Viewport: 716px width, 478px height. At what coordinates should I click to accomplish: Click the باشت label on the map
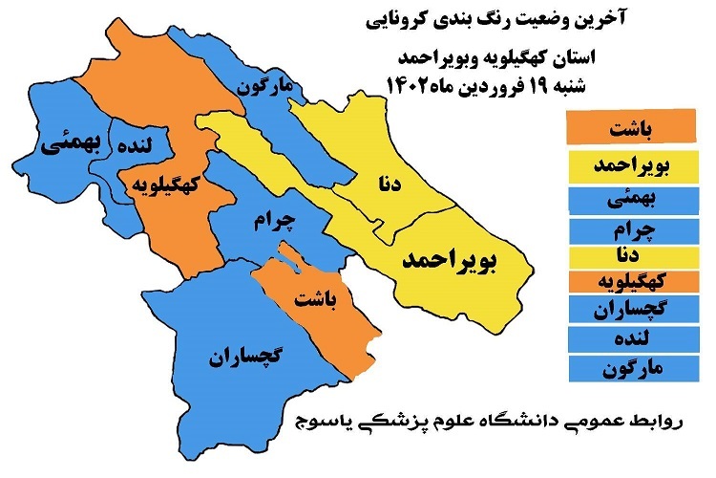tap(316, 299)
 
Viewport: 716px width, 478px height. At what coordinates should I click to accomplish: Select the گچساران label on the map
tap(246, 358)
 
